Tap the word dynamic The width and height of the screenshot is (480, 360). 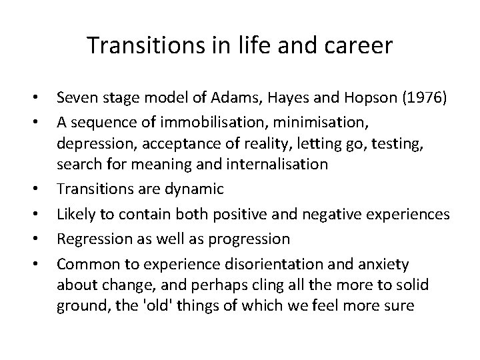191,189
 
